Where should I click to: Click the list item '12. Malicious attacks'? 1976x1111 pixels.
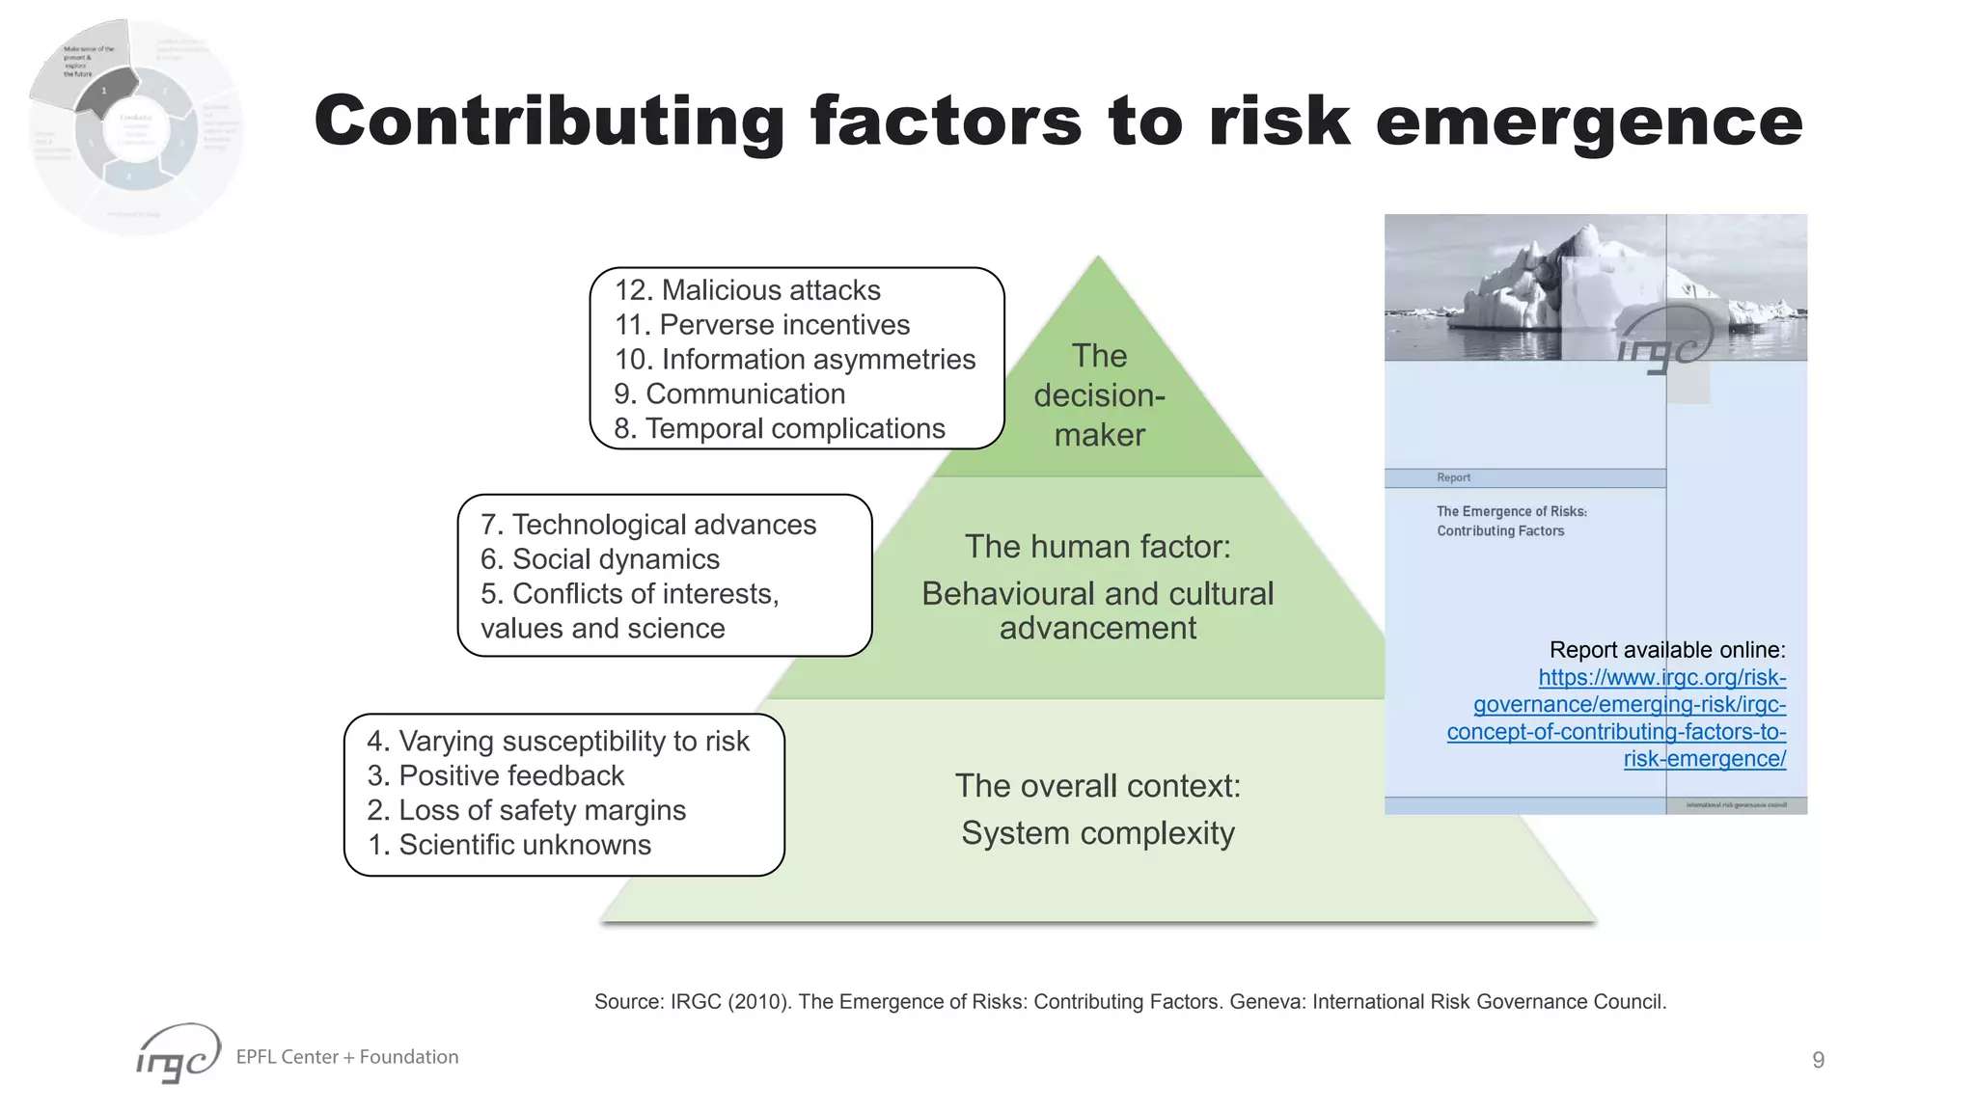tap(747, 290)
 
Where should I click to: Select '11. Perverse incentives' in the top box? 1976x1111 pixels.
tap(761, 325)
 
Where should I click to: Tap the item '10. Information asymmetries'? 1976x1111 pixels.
tap(794, 360)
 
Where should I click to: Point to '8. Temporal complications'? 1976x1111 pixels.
tap(779, 428)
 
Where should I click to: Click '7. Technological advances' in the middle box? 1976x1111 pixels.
tap(647, 525)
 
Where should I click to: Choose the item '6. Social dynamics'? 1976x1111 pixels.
tap(599, 559)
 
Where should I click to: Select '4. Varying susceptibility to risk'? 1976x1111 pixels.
tap(558, 741)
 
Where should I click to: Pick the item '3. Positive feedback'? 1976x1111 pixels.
tap(495, 775)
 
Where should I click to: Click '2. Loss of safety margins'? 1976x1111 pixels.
tap(526, 810)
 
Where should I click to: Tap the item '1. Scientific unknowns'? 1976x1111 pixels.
tap(508, 845)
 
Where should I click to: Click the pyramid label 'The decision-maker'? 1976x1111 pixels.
tap(1099, 395)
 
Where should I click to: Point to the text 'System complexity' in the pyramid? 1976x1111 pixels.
tap(1097, 833)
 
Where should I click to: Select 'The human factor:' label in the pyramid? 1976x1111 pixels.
tap(1098, 547)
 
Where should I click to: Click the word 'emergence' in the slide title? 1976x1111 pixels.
tap(1588, 122)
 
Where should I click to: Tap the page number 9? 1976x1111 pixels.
tap(1818, 1060)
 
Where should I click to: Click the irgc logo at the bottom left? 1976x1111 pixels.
tap(178, 1053)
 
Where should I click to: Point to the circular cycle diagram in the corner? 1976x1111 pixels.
tap(135, 125)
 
